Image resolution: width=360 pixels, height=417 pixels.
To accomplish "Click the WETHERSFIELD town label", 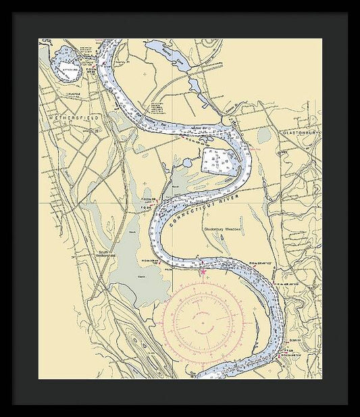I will click(x=74, y=117).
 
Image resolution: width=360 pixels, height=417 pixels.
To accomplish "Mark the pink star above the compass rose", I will click(x=203, y=272).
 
